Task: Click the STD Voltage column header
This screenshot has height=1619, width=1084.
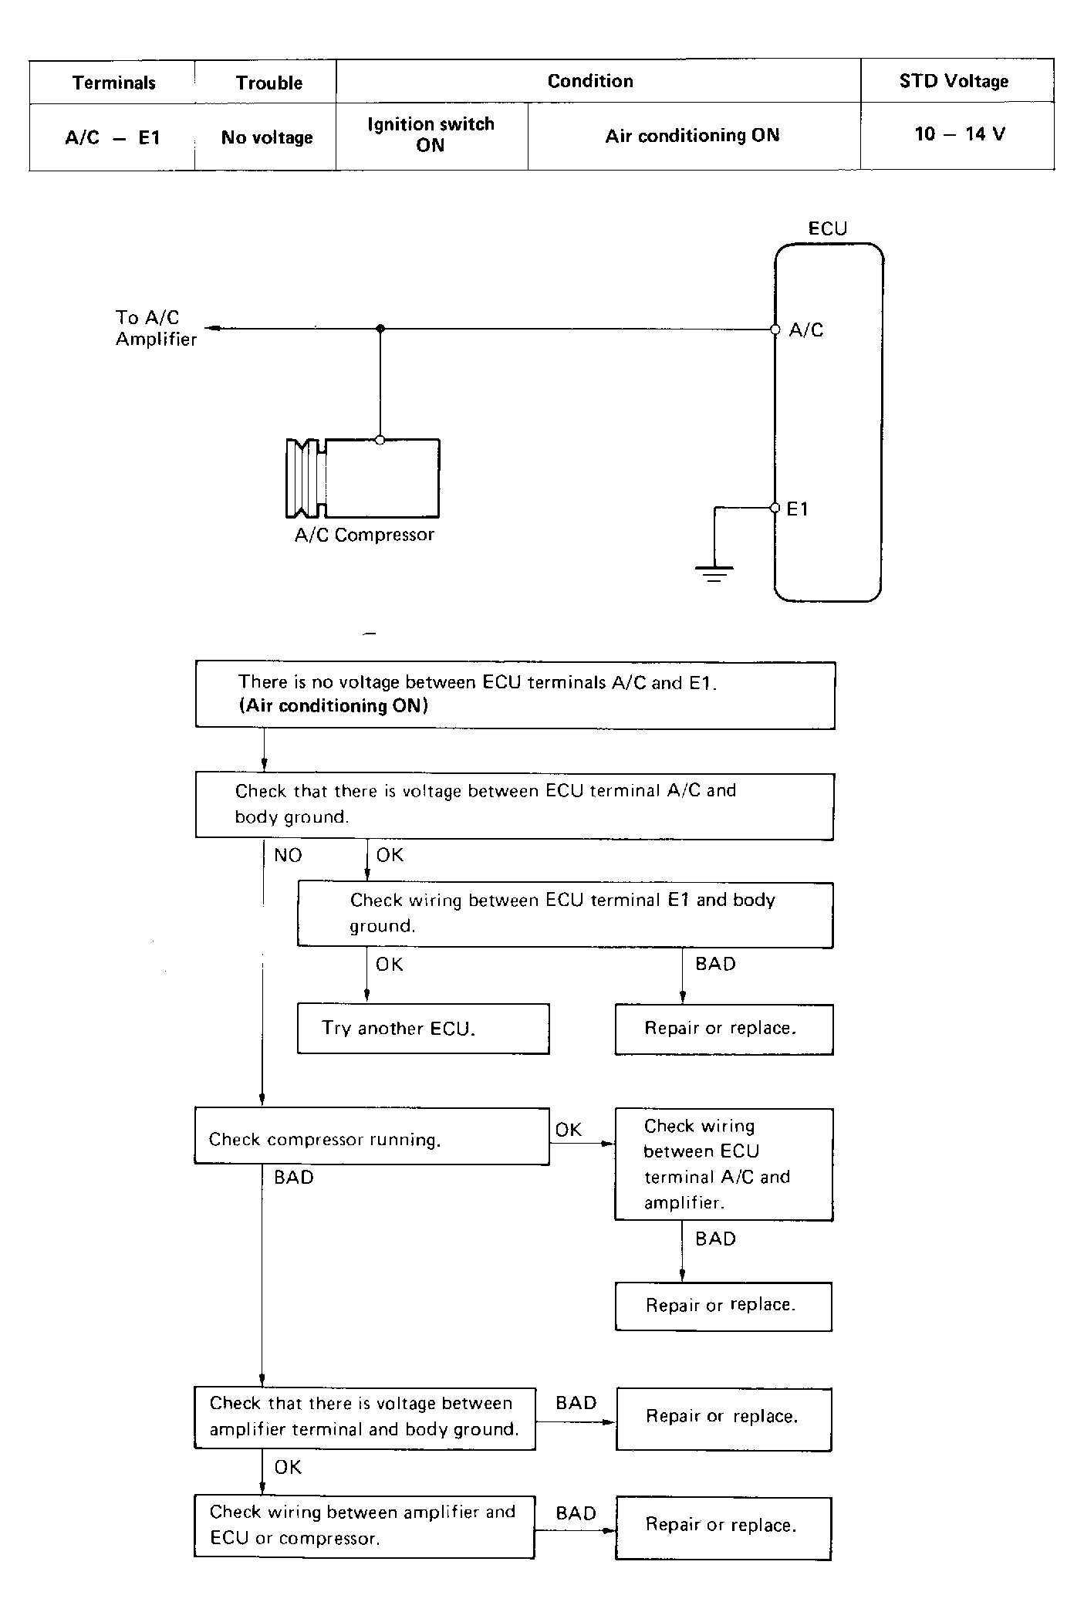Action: point(954,81)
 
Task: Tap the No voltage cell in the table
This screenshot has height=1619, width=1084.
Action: point(267,137)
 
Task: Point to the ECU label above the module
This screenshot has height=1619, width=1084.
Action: point(827,228)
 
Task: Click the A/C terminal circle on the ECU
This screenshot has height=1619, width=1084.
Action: point(775,330)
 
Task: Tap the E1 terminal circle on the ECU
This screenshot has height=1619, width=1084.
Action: point(775,508)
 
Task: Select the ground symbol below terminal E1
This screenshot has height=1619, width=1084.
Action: point(714,573)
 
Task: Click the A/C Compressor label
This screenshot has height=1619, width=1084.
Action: point(364,535)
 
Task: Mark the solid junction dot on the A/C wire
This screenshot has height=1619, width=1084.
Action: point(380,329)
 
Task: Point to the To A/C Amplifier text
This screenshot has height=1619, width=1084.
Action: point(156,328)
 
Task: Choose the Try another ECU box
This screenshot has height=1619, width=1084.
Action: point(424,1029)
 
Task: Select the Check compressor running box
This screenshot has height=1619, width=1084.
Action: point(372,1137)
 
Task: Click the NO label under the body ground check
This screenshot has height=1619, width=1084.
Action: point(288,855)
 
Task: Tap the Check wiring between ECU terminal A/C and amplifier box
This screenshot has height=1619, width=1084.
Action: point(724,1164)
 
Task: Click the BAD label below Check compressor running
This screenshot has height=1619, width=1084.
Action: point(294,1178)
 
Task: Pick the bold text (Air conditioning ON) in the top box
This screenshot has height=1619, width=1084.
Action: point(333,705)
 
